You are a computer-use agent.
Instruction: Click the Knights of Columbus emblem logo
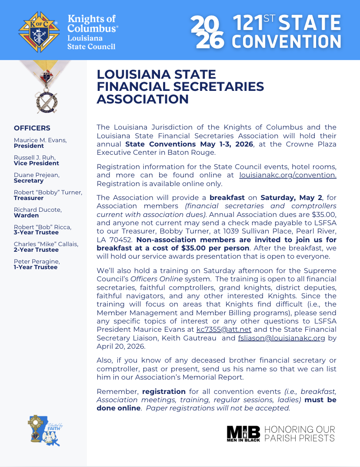(39, 32)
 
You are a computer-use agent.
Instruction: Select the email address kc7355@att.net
(224, 330)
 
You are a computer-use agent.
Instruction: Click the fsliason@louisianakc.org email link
(281, 338)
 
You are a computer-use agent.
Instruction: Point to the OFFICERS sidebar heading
(32, 128)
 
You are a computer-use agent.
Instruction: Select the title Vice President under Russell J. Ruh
(37, 163)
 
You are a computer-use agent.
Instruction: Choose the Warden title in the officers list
(26, 215)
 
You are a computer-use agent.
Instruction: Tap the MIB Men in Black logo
(243, 433)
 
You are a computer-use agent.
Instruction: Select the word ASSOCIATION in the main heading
(143, 99)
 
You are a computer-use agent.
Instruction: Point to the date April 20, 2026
(121, 346)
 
